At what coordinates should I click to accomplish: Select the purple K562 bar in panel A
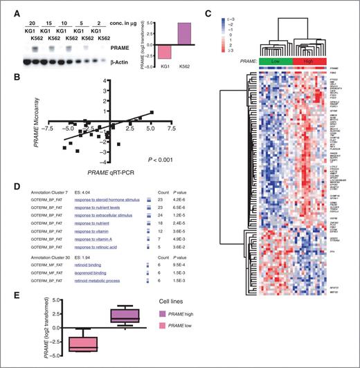[186, 33]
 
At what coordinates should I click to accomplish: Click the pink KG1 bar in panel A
[165, 53]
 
